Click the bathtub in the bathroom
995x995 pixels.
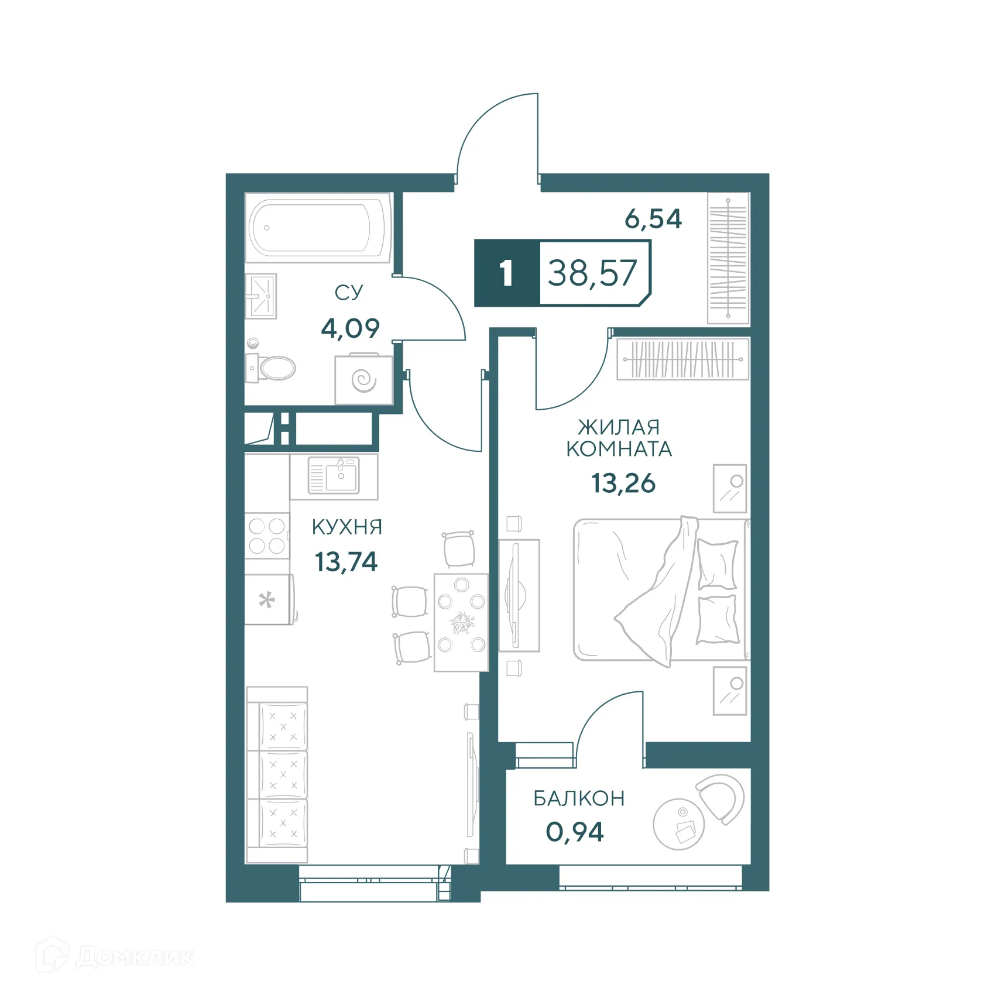318,228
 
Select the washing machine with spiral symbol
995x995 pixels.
363,380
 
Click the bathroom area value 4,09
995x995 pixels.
350,328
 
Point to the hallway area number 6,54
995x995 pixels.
653,219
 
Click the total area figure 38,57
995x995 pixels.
592,273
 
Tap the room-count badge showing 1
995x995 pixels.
506,273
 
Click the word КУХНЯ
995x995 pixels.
346,527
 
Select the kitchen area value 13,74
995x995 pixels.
346,562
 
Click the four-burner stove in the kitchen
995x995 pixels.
267,536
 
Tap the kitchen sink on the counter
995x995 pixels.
334,475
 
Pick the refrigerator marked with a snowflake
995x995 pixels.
268,599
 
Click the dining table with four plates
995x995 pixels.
461,622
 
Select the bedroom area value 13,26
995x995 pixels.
623,483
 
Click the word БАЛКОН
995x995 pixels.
579,798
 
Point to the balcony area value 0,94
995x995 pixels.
574,832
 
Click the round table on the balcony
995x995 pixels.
678,824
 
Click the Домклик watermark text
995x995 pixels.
134,957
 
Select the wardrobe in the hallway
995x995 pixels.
728,258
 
